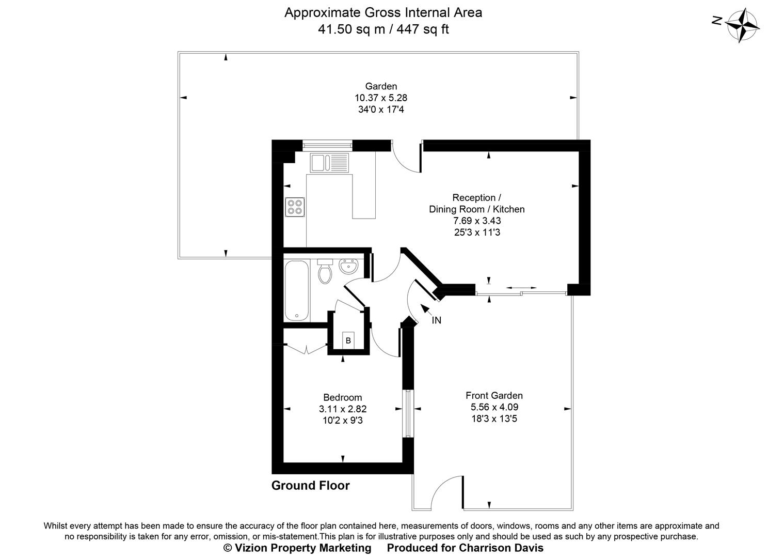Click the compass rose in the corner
[x=743, y=25]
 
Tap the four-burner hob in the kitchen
[x=295, y=207]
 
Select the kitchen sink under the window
[x=329, y=163]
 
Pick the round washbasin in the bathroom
[x=348, y=268]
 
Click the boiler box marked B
[x=348, y=340]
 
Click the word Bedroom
[x=342, y=397]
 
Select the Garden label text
[x=381, y=86]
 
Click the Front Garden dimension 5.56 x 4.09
[x=494, y=407]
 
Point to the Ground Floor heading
[x=310, y=486]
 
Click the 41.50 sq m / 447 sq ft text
[x=383, y=29]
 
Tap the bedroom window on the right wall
[x=407, y=413]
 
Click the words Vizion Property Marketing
[x=297, y=548]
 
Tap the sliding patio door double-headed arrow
[x=521, y=287]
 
